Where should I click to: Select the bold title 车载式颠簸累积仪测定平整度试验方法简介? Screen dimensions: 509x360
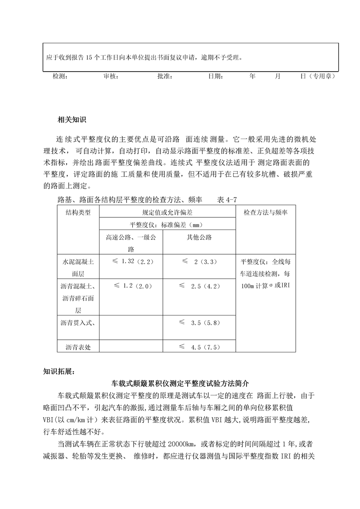coord(180,384)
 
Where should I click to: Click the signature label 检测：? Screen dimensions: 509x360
coord(60,77)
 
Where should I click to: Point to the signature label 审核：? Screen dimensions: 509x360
coord(111,77)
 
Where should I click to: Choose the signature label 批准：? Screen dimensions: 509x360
coord(166,77)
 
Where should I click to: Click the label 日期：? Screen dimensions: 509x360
coord(216,77)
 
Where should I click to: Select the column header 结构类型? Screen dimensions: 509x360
coord(78,212)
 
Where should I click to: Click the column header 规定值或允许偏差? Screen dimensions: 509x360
coord(167,212)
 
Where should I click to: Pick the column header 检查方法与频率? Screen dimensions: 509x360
coord(266,212)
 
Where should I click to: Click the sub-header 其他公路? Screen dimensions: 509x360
coord(199,237)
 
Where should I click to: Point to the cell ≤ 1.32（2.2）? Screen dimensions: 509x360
coord(130,261)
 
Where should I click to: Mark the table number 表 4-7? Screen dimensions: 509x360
coord(227,199)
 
